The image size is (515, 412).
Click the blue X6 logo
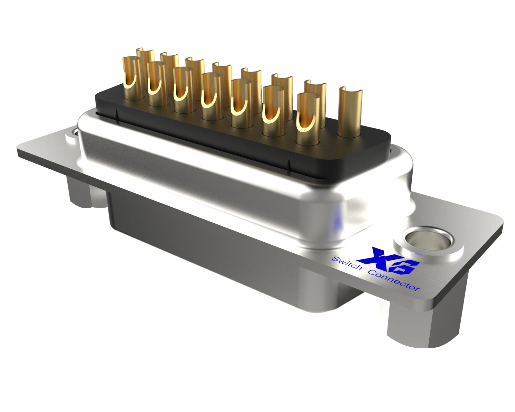click(x=391, y=261)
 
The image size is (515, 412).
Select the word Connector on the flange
click(x=395, y=281)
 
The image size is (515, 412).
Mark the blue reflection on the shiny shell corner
click(x=336, y=222)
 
